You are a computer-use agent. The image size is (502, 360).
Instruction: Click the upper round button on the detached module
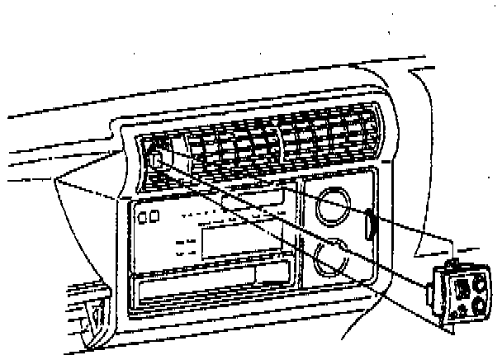tap(479, 285)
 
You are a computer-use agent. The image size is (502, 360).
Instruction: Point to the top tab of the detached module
tap(452, 263)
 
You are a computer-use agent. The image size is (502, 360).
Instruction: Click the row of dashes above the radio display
tap(239, 216)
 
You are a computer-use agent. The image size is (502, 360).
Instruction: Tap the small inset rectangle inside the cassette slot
tap(273, 273)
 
